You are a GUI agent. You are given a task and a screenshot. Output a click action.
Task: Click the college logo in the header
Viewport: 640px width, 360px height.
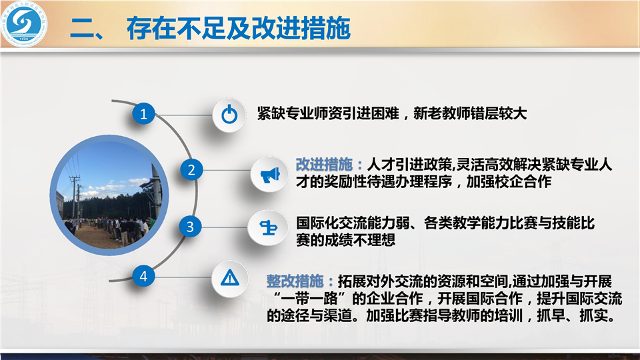coord(24,24)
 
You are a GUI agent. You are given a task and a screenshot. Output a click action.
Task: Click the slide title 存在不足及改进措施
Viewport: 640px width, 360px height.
coord(239,28)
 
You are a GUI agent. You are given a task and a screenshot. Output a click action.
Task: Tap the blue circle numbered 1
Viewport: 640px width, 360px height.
coord(143,113)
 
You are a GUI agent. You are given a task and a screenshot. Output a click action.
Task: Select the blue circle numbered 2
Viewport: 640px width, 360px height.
coord(191,170)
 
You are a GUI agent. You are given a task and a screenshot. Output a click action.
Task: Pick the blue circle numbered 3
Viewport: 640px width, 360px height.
coord(190,227)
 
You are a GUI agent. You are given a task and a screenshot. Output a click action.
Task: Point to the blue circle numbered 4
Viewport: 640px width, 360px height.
coord(143,276)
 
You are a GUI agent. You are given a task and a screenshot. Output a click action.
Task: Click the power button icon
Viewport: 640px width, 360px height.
coord(229,114)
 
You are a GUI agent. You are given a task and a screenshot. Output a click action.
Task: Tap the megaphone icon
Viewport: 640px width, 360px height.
coord(270,174)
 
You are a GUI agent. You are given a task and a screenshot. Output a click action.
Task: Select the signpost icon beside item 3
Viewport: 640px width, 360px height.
coord(268,227)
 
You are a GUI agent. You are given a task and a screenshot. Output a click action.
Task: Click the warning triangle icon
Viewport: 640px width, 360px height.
coord(230,277)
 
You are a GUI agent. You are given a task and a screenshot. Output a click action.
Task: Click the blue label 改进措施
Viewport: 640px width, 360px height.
coord(324,165)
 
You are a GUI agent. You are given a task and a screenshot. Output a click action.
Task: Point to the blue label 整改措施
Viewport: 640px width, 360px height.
coord(295,281)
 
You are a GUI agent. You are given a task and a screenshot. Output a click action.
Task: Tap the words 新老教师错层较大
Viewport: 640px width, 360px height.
coord(470,113)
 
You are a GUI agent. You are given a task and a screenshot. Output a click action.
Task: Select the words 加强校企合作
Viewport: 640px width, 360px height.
coord(509,181)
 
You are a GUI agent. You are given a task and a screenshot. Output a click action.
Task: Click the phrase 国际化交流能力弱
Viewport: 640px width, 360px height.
coord(353,223)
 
